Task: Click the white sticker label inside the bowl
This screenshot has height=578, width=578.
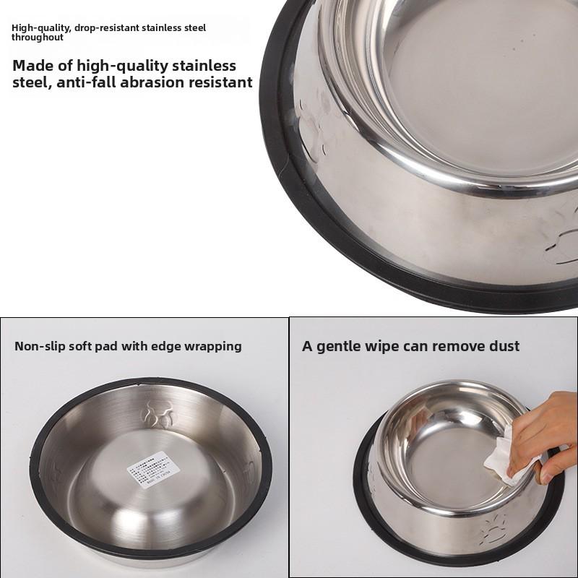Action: click(x=153, y=470)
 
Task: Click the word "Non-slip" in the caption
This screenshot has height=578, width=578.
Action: click(x=38, y=346)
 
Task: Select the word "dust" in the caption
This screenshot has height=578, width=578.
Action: click(x=502, y=346)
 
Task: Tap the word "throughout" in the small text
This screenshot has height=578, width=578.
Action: click(x=38, y=38)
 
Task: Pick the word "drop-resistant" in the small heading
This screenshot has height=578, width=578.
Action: click(x=104, y=28)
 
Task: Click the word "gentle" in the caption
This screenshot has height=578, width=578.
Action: click(x=340, y=346)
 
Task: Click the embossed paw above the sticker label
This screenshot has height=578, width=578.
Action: click(x=157, y=413)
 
